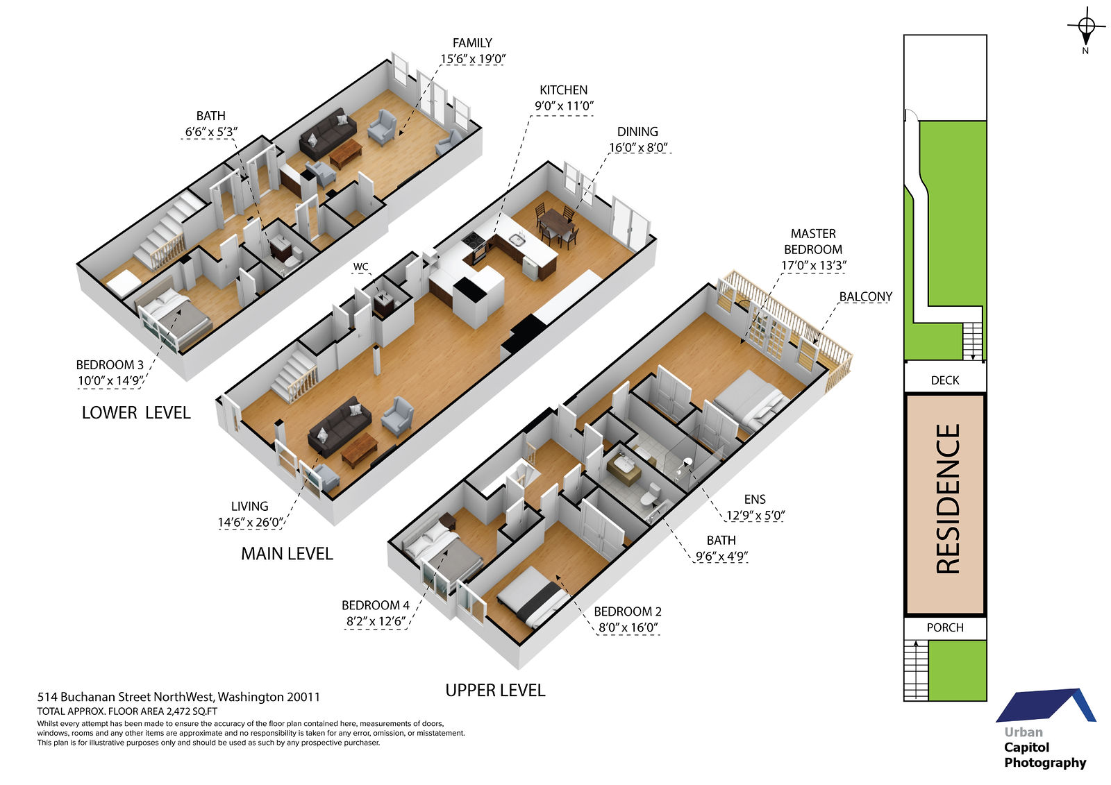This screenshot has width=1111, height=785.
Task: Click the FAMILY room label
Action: pyautogui.click(x=472, y=43)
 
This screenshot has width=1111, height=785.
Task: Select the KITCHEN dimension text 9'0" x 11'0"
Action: pyautogui.click(x=564, y=106)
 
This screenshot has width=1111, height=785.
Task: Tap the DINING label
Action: pyautogui.click(x=637, y=132)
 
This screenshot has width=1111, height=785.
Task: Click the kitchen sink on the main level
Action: pyautogui.click(x=517, y=240)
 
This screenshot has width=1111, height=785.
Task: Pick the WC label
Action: pyautogui.click(x=360, y=267)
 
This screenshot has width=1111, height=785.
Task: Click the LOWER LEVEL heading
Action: pyautogui.click(x=136, y=412)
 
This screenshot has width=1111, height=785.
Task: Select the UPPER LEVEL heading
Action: pyautogui.click(x=495, y=691)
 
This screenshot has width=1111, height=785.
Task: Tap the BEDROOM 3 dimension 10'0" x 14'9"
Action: pyautogui.click(x=110, y=381)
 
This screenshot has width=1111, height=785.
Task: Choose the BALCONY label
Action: pyautogui.click(x=865, y=296)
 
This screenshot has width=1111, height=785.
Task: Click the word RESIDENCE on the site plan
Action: pyautogui.click(x=948, y=499)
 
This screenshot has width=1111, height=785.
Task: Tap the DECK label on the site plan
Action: pyautogui.click(x=945, y=380)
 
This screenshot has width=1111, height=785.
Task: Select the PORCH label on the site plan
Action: pyautogui.click(x=945, y=627)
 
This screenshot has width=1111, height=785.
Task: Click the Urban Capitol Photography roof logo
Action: pyautogui.click(x=1046, y=705)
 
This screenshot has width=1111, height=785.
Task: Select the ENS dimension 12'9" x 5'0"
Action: pyautogui.click(x=755, y=516)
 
